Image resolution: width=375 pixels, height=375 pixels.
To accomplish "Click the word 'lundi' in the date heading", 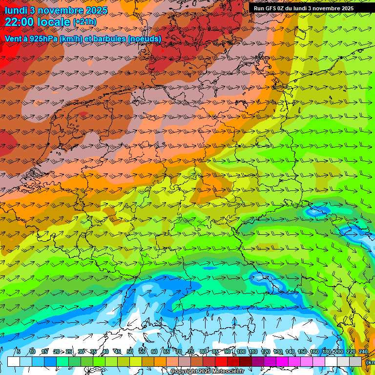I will point(16,10).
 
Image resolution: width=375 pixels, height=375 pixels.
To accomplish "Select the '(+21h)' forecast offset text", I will point(84,22).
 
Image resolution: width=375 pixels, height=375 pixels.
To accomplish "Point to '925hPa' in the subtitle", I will point(43,38).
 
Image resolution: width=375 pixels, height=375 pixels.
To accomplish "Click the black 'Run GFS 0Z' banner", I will point(303,8).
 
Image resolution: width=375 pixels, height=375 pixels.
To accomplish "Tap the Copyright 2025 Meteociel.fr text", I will point(207,372).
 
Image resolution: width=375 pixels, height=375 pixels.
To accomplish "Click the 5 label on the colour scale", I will point(18,352).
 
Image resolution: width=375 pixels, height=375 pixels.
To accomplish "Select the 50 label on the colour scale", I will point(129,352).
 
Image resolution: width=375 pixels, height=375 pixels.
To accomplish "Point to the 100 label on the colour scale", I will point(241,352).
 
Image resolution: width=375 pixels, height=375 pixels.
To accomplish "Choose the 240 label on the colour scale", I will point(363,352).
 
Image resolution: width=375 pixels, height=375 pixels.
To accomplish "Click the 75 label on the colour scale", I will point(191,352).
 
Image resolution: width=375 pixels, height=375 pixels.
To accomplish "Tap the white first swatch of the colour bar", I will point(14,361).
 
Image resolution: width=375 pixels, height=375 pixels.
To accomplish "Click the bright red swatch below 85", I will point(221,361).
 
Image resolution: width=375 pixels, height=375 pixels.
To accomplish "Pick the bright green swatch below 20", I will point(62,361).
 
